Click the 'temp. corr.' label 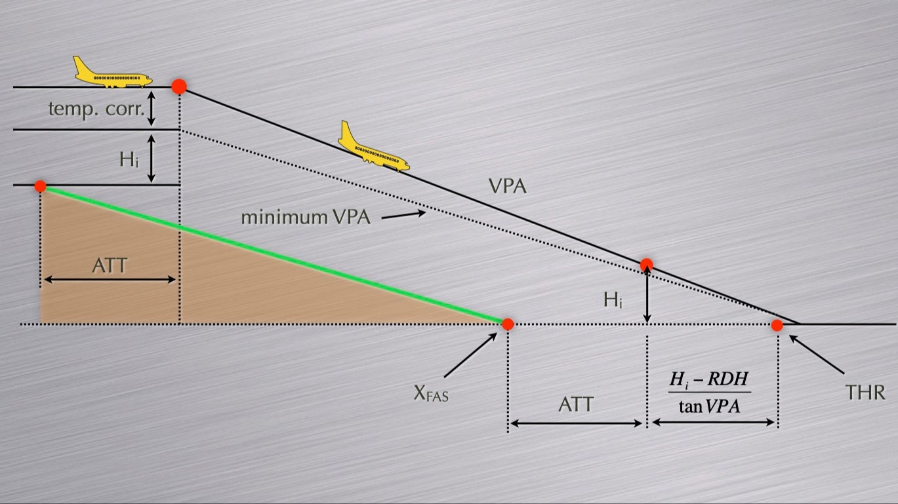click(x=96, y=109)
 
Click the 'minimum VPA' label click(x=306, y=217)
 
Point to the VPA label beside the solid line click(x=508, y=186)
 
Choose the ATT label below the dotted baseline click(x=575, y=404)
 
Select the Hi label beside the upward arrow click(x=615, y=301)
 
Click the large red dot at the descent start click(x=179, y=87)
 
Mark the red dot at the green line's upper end click(x=41, y=186)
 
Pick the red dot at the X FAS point click(x=508, y=324)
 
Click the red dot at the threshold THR click(x=777, y=325)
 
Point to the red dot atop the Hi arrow click(x=647, y=265)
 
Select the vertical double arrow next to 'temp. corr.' click(x=152, y=108)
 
